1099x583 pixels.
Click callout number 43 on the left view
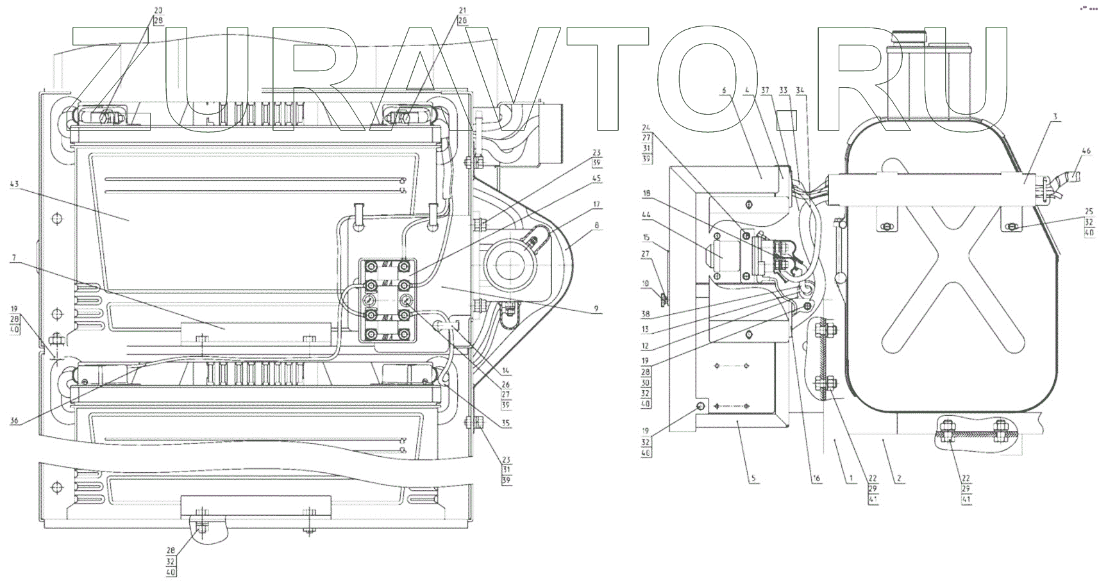[15, 185]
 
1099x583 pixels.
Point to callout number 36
[15, 420]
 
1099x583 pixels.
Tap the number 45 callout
[596, 179]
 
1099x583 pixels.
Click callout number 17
[596, 204]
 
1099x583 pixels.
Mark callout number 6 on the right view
[724, 90]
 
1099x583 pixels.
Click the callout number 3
[1055, 117]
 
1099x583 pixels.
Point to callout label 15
[646, 237]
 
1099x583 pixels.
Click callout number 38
[646, 314]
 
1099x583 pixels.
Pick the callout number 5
[753, 478]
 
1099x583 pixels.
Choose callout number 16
[816, 478]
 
